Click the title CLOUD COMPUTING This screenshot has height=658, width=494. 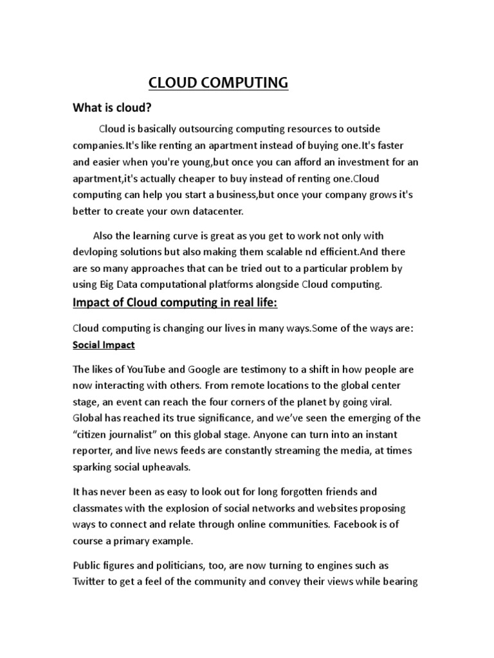pyautogui.click(x=219, y=83)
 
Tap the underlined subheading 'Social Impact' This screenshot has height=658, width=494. pyautogui.click(x=104, y=345)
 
